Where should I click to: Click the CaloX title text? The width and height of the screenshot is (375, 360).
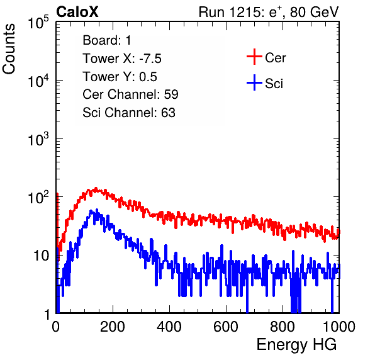[77, 12]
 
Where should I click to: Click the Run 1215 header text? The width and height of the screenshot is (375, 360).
[269, 12]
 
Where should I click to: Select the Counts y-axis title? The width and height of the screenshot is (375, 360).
[9, 49]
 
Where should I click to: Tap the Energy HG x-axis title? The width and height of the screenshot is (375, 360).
[296, 345]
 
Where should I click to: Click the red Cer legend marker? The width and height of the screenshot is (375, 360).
[254, 57]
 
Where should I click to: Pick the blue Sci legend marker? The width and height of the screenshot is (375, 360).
[254, 83]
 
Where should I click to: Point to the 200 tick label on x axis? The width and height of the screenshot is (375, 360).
[113, 327]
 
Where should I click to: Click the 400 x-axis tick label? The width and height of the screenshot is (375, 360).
[169, 327]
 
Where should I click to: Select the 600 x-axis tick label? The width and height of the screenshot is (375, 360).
[226, 327]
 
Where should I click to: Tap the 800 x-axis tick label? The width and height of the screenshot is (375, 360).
[283, 327]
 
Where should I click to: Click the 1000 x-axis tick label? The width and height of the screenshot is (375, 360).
[339, 327]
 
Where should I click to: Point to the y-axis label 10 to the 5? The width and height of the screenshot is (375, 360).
[38, 22]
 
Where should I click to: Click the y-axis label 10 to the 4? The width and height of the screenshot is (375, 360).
[38, 81]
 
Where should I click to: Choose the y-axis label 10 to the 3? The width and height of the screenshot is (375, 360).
[38, 139]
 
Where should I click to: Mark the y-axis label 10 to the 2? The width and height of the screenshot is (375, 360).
[38, 198]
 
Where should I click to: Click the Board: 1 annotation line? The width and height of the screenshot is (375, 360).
[107, 40]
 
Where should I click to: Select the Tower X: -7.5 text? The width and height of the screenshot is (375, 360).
[122, 59]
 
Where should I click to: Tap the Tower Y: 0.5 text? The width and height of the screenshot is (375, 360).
[120, 77]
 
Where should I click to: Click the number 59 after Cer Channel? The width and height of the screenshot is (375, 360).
[171, 94]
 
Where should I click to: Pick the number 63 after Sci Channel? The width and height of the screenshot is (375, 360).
[168, 113]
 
